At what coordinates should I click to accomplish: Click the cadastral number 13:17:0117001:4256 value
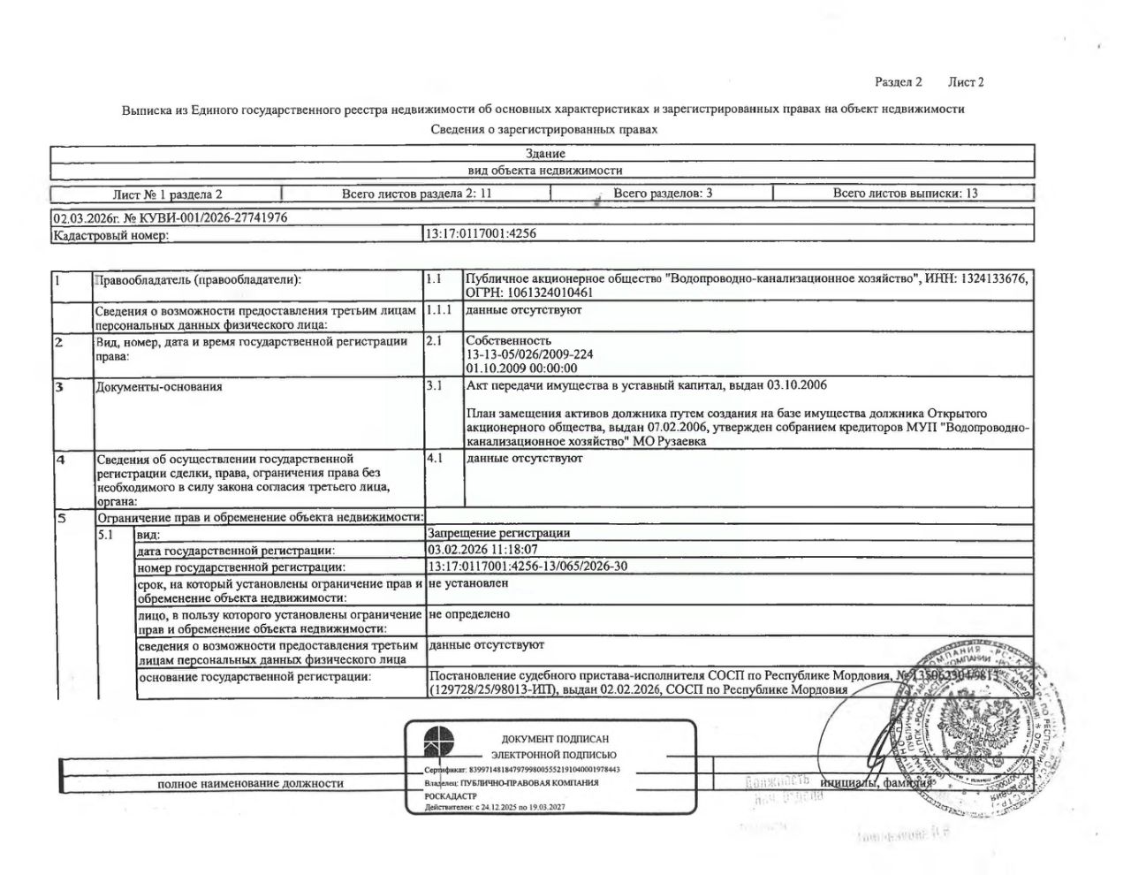[x=482, y=234]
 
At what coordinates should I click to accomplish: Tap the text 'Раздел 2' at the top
[x=898, y=82]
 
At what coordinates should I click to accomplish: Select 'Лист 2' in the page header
[x=966, y=82]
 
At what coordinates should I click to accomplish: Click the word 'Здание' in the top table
[x=544, y=154]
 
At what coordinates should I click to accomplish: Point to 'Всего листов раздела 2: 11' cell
[x=416, y=193]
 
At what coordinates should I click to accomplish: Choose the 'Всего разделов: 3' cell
[x=663, y=193]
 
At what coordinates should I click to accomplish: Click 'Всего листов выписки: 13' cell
[x=905, y=193]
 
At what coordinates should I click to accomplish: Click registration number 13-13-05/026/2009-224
[x=529, y=354]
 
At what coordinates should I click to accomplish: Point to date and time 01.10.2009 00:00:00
[x=521, y=369]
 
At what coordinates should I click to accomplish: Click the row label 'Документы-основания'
[x=160, y=386]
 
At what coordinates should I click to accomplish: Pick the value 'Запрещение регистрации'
[x=498, y=533]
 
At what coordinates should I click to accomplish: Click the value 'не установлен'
[x=467, y=583]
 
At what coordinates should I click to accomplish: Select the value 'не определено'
[x=468, y=614]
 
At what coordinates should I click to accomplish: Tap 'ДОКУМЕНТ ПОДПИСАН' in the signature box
[x=555, y=739]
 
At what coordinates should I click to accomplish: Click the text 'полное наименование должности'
[x=250, y=783]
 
